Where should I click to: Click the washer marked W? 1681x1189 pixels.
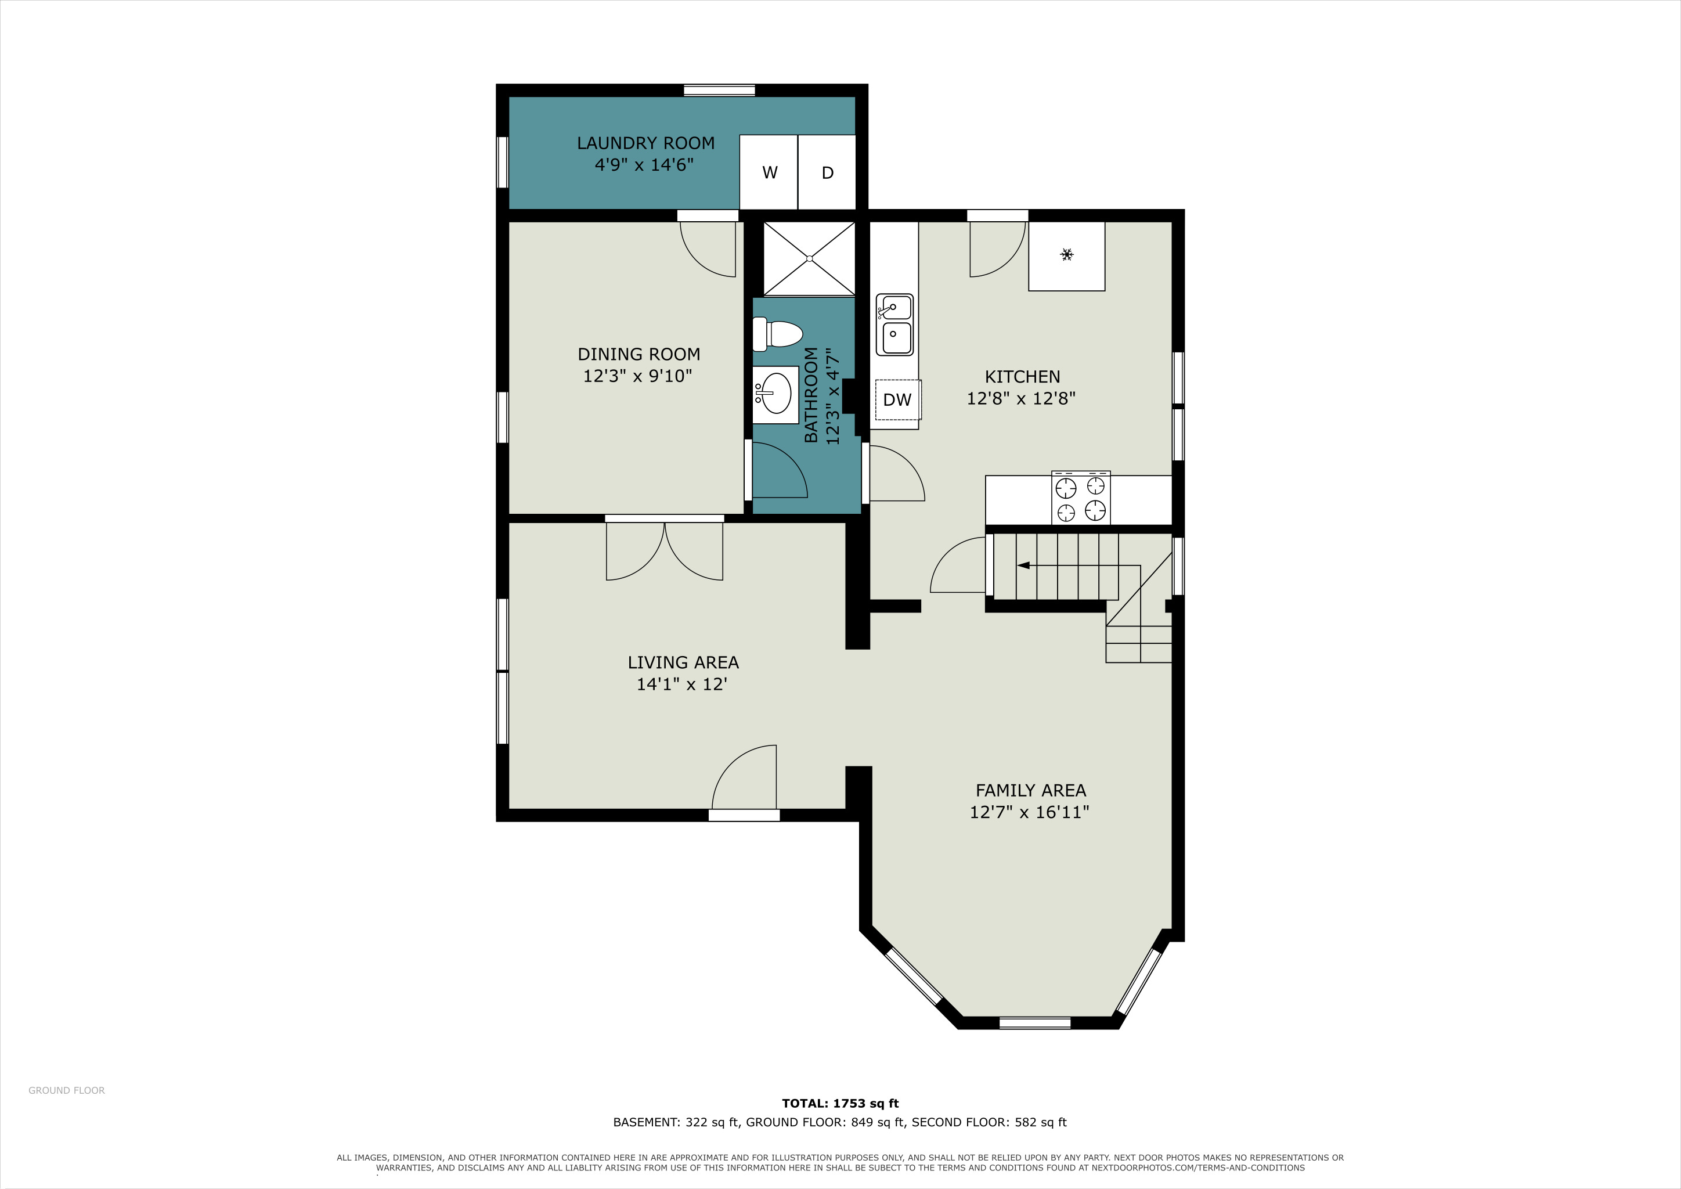768,172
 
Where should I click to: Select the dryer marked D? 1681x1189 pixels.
827,172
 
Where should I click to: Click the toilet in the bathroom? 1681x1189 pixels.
778,334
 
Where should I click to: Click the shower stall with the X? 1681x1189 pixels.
809,258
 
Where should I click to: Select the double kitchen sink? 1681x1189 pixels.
894,325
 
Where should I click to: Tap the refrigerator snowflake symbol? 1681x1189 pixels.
1067,255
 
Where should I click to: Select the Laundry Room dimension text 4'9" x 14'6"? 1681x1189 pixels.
644,165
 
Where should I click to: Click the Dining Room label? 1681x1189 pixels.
639,354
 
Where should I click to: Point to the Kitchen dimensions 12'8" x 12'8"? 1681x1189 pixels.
1022,398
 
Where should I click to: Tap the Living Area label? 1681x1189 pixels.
683,662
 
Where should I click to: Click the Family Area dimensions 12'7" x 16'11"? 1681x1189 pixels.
1029,812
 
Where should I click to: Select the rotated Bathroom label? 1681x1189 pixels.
811,395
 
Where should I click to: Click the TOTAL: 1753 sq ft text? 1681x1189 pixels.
840,1103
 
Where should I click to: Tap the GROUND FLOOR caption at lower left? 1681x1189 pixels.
67,1090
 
